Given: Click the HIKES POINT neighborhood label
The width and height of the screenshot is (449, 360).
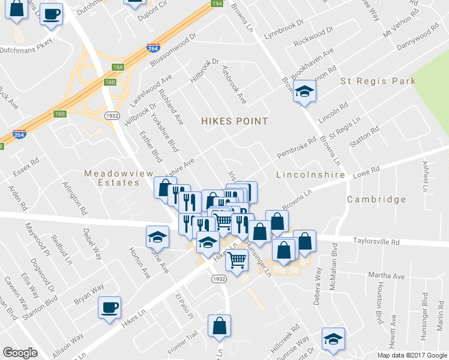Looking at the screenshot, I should point(234,121).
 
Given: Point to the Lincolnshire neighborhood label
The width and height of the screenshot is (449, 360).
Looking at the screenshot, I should point(310,175).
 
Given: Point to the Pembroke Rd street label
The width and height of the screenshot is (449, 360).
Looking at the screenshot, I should point(296,150).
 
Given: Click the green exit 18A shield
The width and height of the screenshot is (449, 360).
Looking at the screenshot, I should point(117,68).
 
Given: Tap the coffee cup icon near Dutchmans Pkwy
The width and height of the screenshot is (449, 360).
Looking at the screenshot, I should point(51,14).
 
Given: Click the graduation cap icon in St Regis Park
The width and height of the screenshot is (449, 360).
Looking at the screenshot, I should point(306,92).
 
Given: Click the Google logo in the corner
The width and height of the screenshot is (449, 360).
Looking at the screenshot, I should point(20,353).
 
